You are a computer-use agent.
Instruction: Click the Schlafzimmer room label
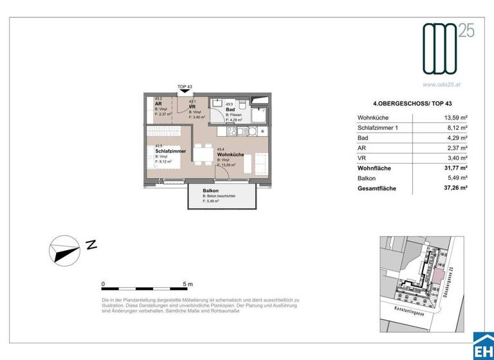coord(170,150)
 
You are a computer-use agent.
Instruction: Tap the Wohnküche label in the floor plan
coord(230,155)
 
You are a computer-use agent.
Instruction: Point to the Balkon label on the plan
coord(211,190)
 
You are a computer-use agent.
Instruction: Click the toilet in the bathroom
coord(242,106)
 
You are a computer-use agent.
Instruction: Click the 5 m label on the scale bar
coord(188,283)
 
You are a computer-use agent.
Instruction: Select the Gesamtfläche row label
coord(377,189)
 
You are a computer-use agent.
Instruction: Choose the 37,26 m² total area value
coord(454,189)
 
